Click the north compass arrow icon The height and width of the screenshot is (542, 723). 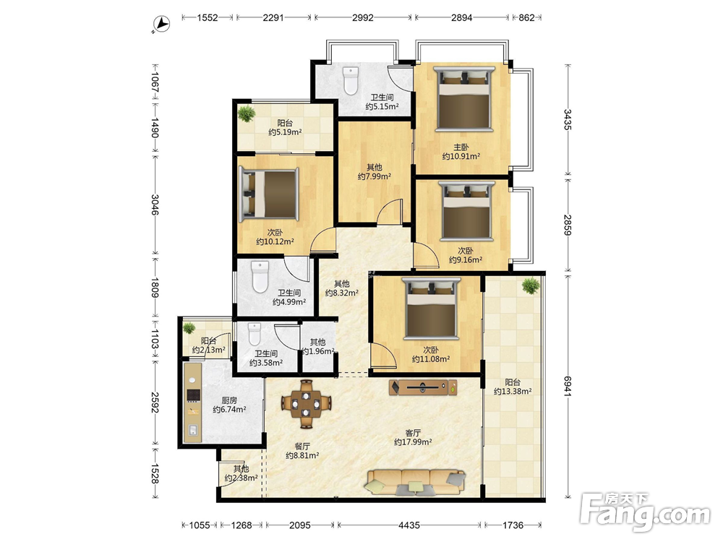point(161,24)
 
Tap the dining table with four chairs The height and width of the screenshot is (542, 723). point(306,404)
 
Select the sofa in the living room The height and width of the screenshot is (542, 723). point(415,482)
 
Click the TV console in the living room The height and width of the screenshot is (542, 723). point(423,387)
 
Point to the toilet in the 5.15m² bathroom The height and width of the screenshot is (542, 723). point(351,81)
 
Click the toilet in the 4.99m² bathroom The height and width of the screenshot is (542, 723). point(260,277)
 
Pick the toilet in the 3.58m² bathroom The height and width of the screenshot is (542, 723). point(254,334)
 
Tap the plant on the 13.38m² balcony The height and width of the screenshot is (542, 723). point(531,285)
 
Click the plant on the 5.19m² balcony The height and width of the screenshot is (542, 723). point(247,113)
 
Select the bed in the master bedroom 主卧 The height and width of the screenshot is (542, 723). point(464,98)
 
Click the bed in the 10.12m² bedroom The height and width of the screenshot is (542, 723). point(269,193)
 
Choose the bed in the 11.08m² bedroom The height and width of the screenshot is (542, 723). point(432,307)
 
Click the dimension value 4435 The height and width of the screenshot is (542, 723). point(409,525)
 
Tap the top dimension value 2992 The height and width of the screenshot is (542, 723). point(363,17)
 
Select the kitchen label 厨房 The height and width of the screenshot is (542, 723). point(229,400)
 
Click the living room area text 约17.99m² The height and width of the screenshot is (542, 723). point(413,442)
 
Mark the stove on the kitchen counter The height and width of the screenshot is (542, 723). point(193,395)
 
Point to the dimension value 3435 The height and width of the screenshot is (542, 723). point(568,119)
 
